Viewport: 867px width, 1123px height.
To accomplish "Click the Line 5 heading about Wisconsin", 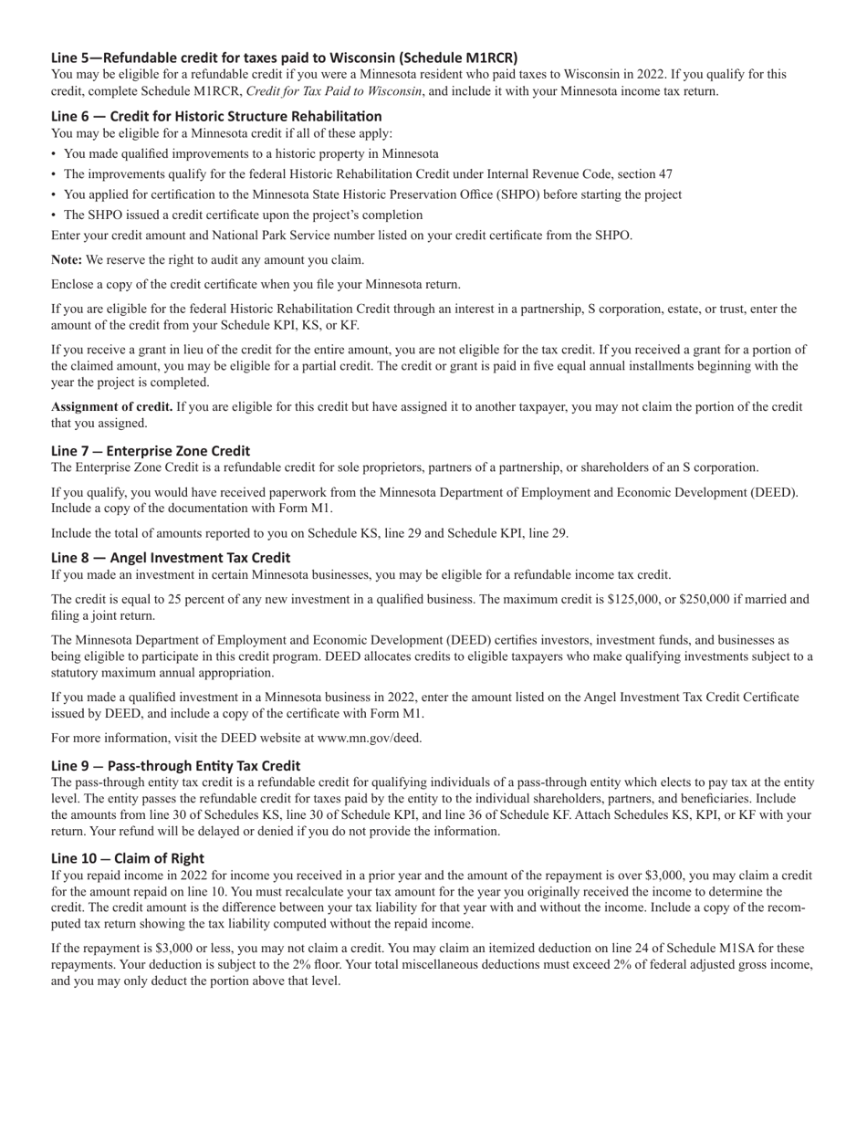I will click(x=284, y=57).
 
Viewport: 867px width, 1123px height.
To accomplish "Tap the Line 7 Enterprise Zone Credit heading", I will click(x=151, y=450).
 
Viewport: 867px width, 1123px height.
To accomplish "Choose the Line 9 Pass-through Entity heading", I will click(x=175, y=765).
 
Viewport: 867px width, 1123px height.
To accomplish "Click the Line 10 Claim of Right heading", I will click(x=128, y=858).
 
